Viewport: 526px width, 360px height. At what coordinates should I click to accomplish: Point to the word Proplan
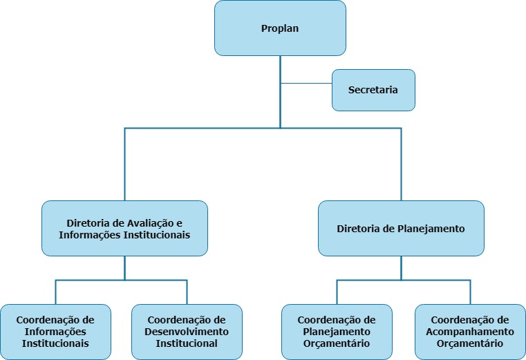(280, 28)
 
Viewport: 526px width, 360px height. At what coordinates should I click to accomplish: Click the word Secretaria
(373, 90)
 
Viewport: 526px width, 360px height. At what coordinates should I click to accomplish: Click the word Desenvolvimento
(187, 332)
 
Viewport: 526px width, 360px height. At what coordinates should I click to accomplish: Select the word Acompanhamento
(470, 332)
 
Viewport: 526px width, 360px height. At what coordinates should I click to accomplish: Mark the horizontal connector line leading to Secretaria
(306, 83)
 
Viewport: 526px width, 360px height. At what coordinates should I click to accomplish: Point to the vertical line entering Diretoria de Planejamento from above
(401, 166)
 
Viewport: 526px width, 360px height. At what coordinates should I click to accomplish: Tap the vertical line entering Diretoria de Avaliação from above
(124, 166)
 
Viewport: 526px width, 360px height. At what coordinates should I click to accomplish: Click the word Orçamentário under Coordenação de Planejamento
(337, 343)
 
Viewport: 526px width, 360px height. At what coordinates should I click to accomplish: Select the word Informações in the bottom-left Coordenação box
(55, 332)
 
